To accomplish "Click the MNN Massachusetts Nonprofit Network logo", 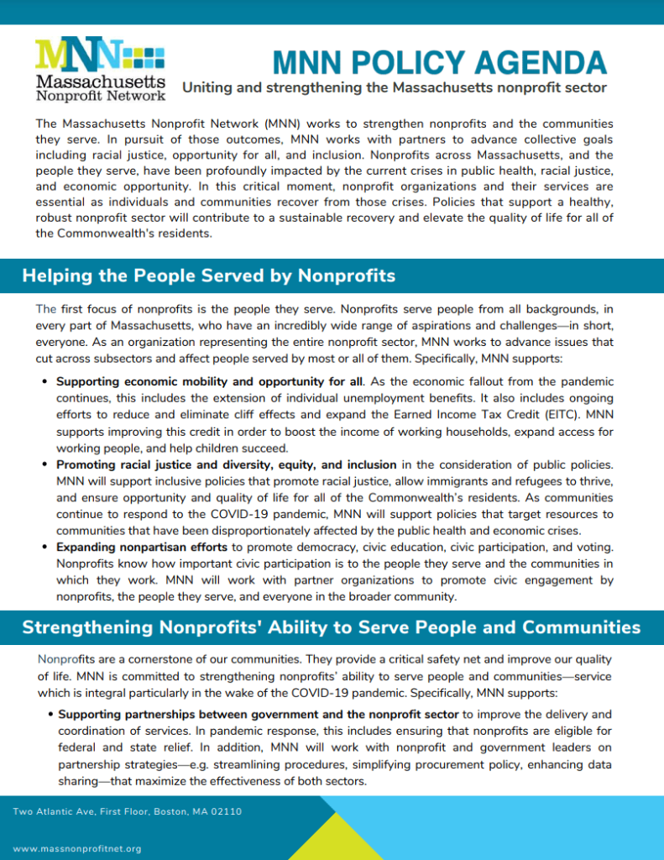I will pos(100,69).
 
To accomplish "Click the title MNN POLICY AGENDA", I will pos(440,62).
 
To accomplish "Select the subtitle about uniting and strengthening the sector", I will pos(394,88).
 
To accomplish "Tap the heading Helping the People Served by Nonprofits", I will pos(208,275).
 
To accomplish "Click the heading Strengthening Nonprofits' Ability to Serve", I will pos(331,627).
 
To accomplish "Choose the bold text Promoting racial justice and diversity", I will pos(226,464).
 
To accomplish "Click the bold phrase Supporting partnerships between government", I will pos(259,714).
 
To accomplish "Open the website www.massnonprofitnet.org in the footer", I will pos(77,849).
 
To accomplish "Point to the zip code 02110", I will pos(227,811).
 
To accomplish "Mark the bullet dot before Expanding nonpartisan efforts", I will pos(44,548).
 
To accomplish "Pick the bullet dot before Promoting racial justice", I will pos(44,465).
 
